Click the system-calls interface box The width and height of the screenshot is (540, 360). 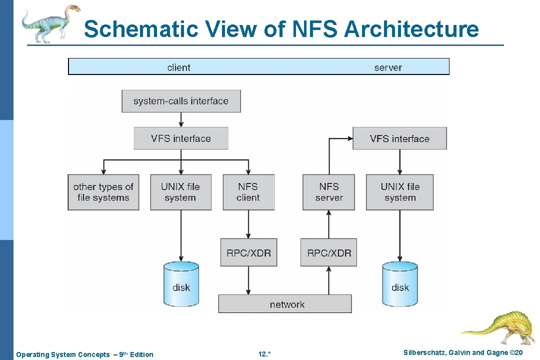pos(181,101)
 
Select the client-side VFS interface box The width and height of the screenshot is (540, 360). pos(181,138)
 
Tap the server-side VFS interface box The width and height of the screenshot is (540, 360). pos(399,138)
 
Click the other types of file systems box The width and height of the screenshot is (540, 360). pos(103,192)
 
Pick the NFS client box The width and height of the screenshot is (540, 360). pos(248,192)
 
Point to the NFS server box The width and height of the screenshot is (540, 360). pos(328,192)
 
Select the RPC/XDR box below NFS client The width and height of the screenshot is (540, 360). pos(248,252)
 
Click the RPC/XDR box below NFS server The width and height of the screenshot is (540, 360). pos(328,252)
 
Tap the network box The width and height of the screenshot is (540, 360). pos(285,304)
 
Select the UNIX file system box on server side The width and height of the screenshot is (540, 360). pos(399,192)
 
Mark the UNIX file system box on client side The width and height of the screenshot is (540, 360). pos(180,192)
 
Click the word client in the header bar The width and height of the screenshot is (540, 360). pos(178,67)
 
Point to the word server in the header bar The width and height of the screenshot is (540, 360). pos(387,67)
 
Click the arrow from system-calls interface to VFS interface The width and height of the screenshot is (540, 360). pos(181,119)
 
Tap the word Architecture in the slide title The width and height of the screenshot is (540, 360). pos(411,29)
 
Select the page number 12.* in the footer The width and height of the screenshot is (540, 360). pos(264,354)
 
